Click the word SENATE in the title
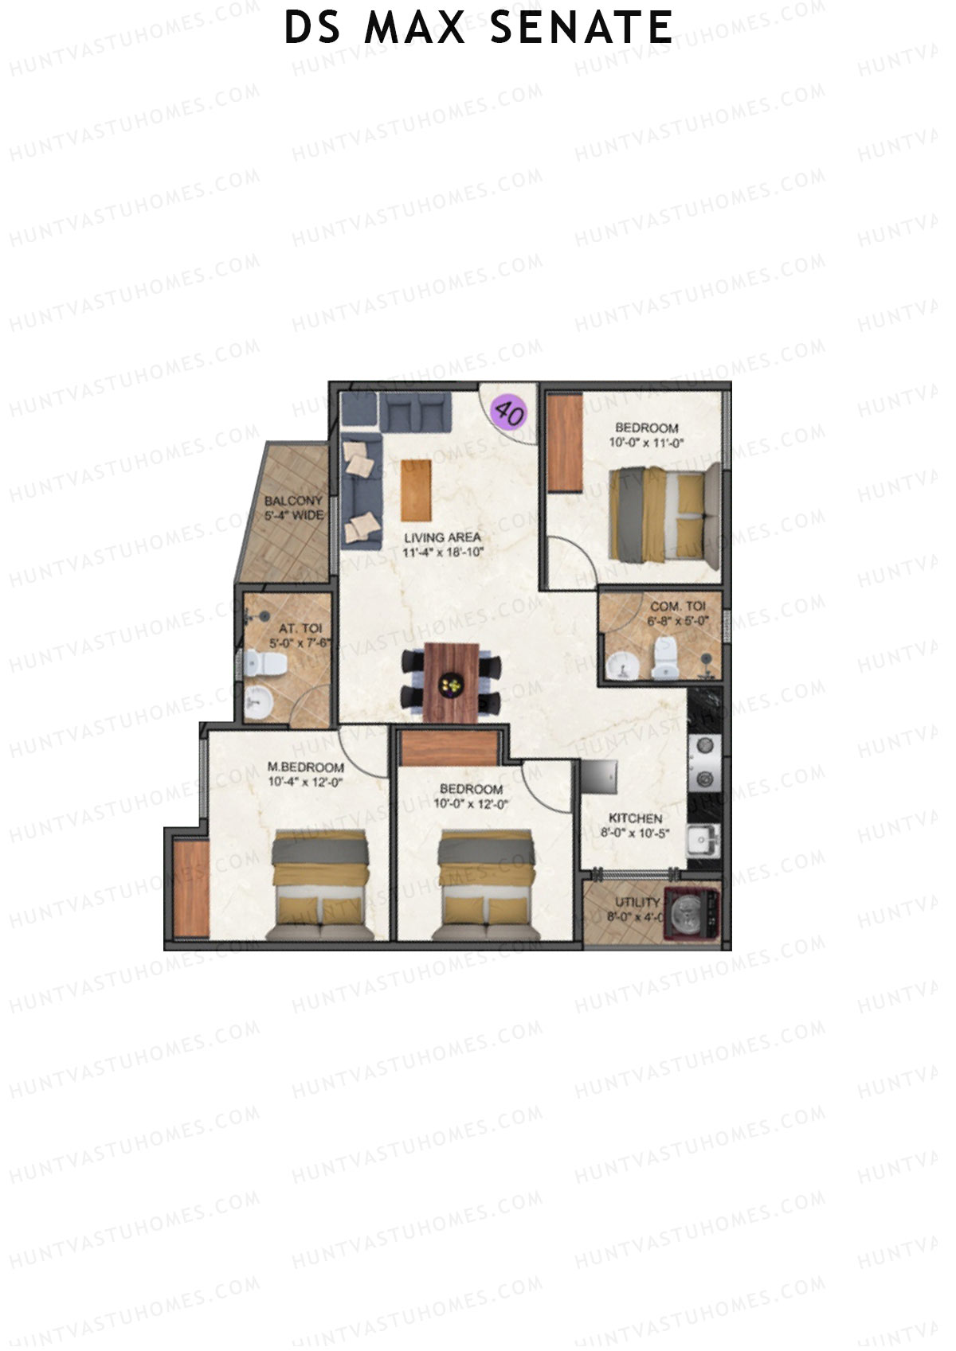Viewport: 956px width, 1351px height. tap(582, 28)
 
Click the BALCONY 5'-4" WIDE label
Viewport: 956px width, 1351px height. tap(294, 508)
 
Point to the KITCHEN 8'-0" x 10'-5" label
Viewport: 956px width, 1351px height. tap(635, 826)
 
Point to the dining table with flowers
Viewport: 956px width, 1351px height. tap(452, 682)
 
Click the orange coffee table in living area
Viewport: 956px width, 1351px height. tap(416, 490)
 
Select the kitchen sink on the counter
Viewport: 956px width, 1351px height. tap(704, 839)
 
